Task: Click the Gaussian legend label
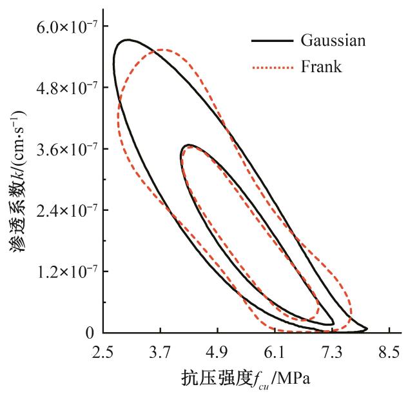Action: pyautogui.click(x=333, y=40)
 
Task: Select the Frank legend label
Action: pyautogui.click(x=321, y=66)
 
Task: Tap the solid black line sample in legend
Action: pyautogui.click(x=271, y=41)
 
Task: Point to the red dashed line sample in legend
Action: pyautogui.click(x=271, y=66)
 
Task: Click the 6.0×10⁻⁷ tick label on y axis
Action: pyautogui.click(x=62, y=26)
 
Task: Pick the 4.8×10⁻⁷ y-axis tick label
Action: pyautogui.click(x=62, y=88)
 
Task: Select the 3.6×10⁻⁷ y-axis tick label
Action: pyautogui.click(x=62, y=149)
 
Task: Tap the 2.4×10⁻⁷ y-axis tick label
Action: pyautogui.click(x=62, y=210)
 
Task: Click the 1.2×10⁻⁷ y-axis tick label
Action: pyautogui.click(x=62, y=272)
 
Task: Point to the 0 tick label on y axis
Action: pyautogui.click(x=90, y=333)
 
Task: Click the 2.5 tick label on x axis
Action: pyautogui.click(x=103, y=353)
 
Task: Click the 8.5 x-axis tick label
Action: pyautogui.click(x=389, y=353)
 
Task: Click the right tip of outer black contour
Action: pyautogui.click(x=367, y=329)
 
